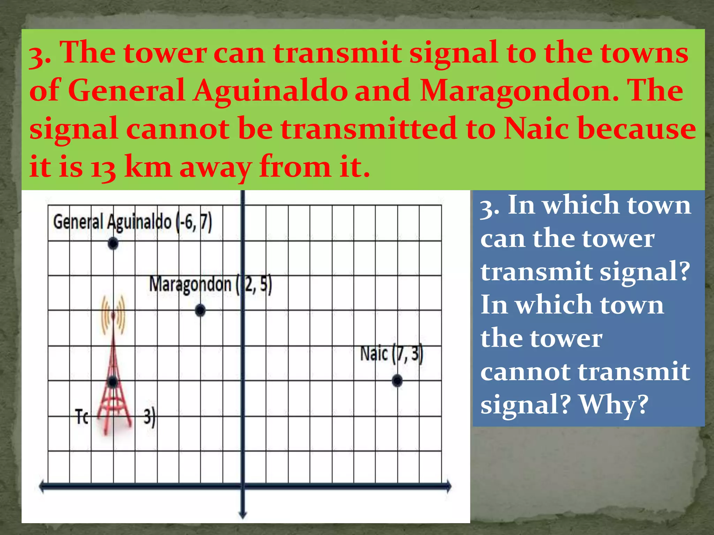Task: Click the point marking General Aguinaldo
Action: point(113,243)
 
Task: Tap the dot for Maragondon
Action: point(200,310)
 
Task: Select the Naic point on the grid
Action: point(397,381)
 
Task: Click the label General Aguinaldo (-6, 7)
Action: point(132,222)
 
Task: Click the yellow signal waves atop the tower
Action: point(113,315)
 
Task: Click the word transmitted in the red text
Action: point(369,129)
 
